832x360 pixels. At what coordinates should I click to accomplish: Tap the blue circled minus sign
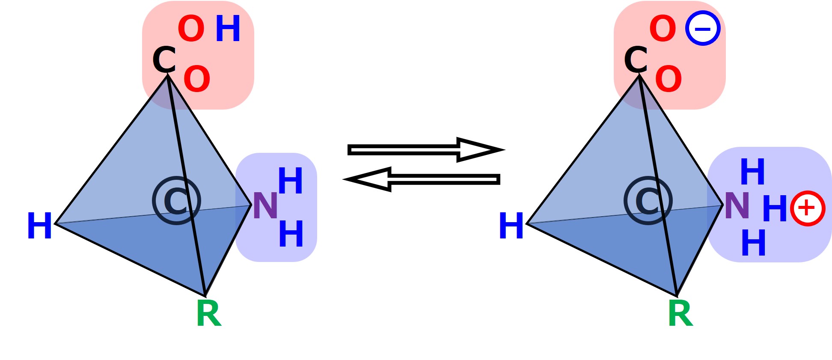[x=703, y=29]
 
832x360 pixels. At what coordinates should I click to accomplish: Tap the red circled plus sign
[x=807, y=208]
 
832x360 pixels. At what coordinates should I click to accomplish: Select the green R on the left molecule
[x=208, y=314]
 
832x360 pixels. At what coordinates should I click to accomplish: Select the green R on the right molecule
[x=680, y=314]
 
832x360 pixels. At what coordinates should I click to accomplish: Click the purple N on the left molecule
[x=265, y=206]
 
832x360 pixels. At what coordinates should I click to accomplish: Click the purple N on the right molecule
[x=737, y=206]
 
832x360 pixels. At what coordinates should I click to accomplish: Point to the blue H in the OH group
[x=228, y=29]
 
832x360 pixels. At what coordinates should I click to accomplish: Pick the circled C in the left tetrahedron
[x=176, y=201]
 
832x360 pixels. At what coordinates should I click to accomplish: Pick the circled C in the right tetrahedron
[x=648, y=201]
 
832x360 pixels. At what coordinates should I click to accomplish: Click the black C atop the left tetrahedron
[x=164, y=60]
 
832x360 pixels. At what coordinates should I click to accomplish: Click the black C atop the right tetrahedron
[x=636, y=60]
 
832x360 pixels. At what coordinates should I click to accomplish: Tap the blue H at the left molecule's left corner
[x=39, y=226]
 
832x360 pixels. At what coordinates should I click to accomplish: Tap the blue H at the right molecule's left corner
[x=511, y=226]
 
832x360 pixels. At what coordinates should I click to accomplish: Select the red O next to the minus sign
[x=663, y=29]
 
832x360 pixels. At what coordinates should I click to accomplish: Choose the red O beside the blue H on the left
[x=191, y=29]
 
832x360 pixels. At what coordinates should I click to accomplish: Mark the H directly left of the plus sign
[x=775, y=208]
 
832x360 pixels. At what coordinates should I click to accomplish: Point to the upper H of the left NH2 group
[x=291, y=181]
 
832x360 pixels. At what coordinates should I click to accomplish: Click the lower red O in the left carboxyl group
[x=197, y=79]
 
